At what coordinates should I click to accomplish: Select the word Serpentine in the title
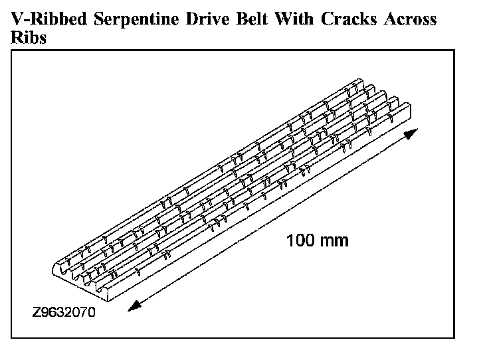pos(126,20)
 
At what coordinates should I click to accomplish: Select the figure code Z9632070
pos(63,310)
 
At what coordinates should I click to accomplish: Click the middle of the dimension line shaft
pos(272,219)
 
